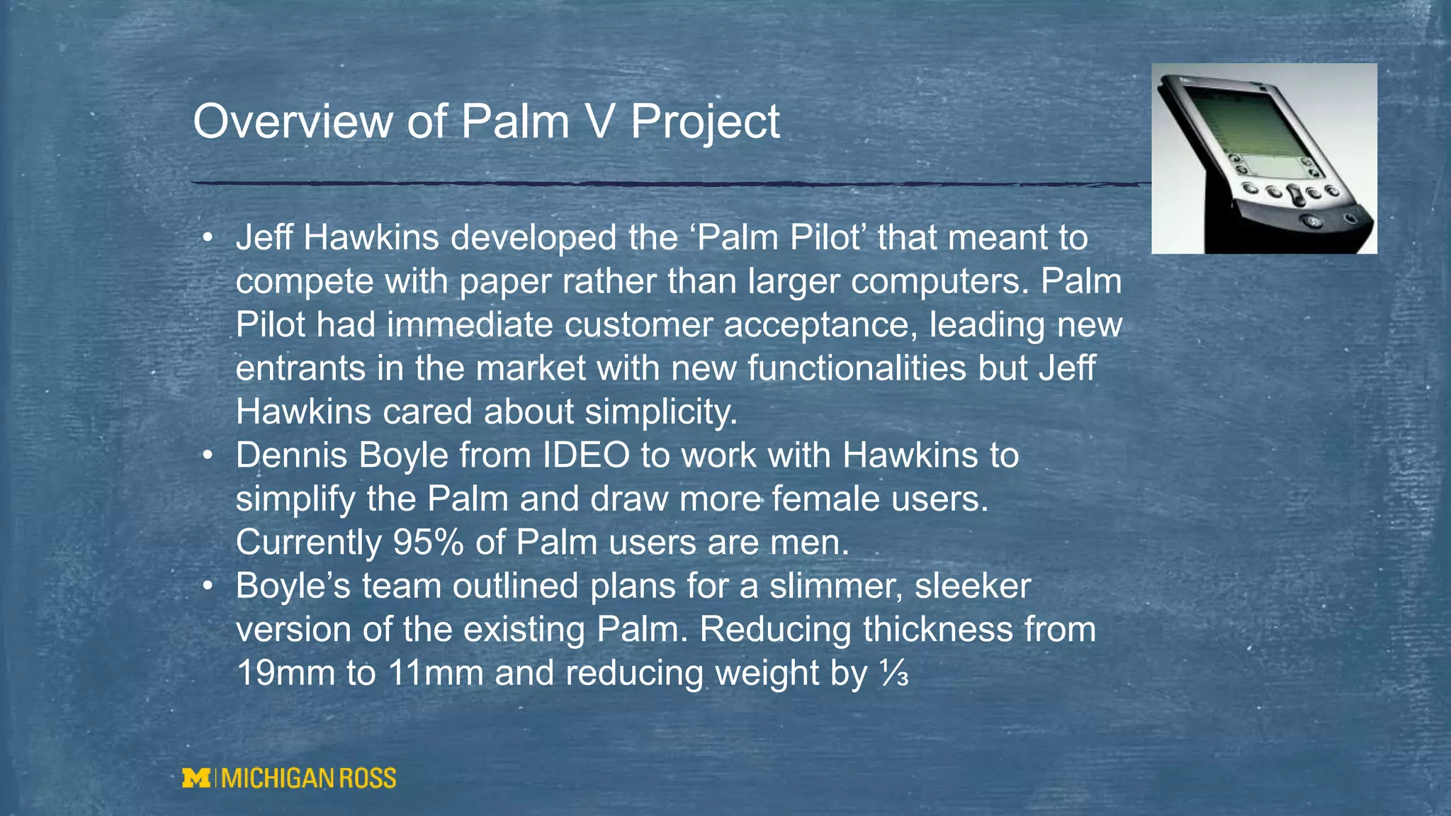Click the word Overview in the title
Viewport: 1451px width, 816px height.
(x=293, y=122)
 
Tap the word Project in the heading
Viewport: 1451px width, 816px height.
(x=705, y=122)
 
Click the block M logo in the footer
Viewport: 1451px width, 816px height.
(x=196, y=778)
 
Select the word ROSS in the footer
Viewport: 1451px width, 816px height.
(x=368, y=778)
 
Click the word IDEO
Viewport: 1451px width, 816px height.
(x=586, y=455)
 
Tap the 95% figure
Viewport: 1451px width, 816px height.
(x=428, y=543)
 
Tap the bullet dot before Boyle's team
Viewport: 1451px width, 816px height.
(x=207, y=586)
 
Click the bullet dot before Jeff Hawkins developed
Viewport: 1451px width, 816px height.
(x=207, y=238)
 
